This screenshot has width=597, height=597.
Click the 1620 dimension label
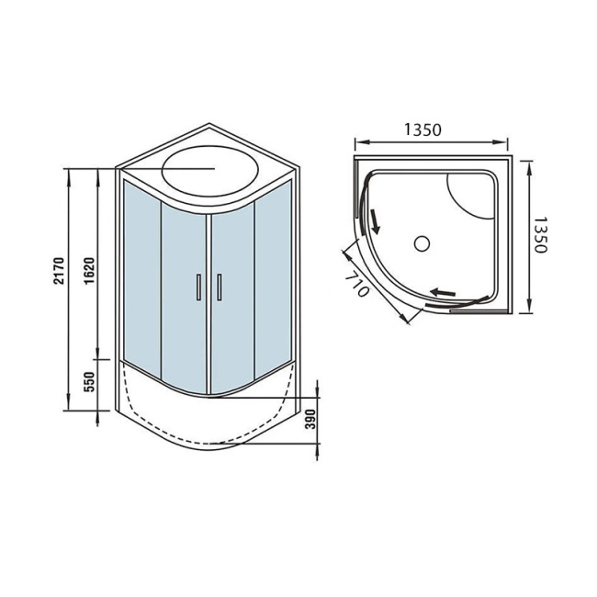89,273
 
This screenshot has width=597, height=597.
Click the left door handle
197,287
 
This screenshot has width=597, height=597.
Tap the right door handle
220,287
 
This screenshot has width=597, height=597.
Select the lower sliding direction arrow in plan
444,293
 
